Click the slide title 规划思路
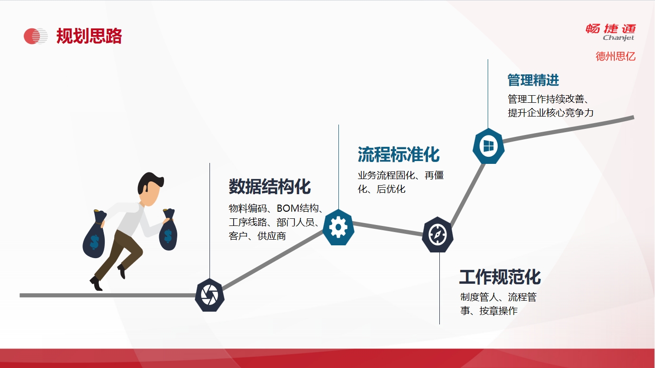pos(89,36)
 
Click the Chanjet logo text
pos(618,38)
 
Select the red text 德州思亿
pos(616,56)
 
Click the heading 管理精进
pos(533,80)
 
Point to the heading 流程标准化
pos(399,154)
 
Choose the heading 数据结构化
pos(270,187)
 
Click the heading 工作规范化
pos(500,277)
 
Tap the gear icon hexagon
pos(338,227)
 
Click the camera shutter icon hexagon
pos(209,295)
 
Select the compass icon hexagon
pos(438,235)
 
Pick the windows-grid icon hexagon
pos(489,146)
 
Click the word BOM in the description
pos(288,208)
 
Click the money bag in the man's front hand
pos(168,230)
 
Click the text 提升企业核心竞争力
pos(551,113)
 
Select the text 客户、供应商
pos(257,236)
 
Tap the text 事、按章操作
pos(489,311)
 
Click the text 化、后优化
pos(382,189)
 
